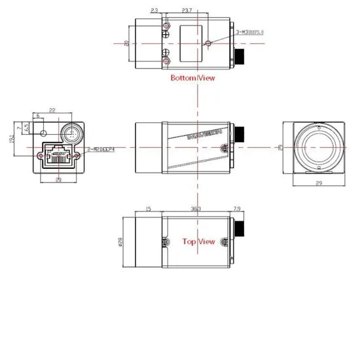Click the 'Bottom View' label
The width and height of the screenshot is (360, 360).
[x=192, y=78]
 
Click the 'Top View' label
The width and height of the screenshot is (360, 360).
[x=198, y=242]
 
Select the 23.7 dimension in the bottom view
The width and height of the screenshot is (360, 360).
[x=186, y=11]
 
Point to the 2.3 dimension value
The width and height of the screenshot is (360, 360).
[x=154, y=11]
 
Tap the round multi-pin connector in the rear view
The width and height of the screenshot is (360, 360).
[x=71, y=132]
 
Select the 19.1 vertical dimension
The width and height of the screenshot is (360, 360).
[x=11, y=139]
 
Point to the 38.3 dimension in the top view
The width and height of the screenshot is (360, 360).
[x=194, y=208]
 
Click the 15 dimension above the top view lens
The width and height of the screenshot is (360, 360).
[x=148, y=208]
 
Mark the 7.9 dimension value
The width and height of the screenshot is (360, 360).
[x=237, y=208]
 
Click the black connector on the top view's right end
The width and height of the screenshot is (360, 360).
[x=242, y=230]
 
